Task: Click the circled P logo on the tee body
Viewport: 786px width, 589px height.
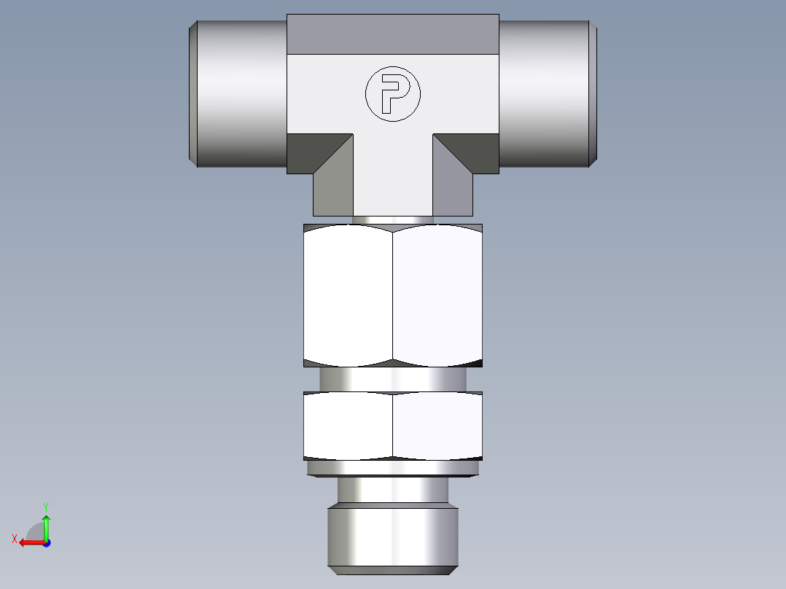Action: click(x=393, y=93)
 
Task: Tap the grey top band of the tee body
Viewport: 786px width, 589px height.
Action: click(x=393, y=34)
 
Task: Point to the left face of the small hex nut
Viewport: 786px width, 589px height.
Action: click(x=349, y=426)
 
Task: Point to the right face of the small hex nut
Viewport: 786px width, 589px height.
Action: click(x=437, y=426)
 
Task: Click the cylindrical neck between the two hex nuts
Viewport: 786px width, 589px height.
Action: click(x=393, y=379)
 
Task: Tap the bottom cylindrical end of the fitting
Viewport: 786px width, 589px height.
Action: click(x=393, y=536)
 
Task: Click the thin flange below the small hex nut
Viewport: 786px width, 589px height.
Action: click(x=393, y=467)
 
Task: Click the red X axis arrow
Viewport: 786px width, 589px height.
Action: click(x=29, y=542)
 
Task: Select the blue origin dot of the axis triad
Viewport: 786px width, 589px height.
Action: click(x=46, y=542)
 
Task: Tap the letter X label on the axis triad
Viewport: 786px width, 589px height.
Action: click(x=15, y=539)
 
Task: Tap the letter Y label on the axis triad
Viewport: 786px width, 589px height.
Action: click(x=46, y=506)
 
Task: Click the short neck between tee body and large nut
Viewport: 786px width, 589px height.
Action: click(x=393, y=219)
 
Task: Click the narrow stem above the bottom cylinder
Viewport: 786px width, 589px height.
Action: click(x=393, y=489)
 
